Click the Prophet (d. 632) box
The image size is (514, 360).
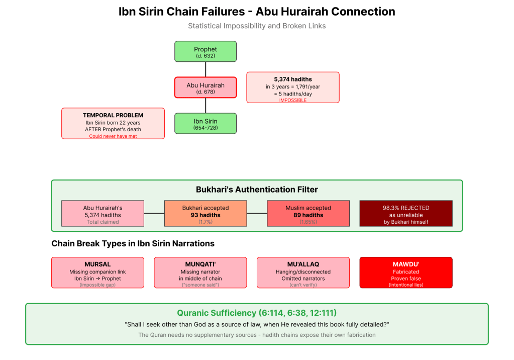[205, 52]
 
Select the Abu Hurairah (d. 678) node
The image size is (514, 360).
[205, 87]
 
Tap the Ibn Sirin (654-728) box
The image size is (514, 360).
[205, 123]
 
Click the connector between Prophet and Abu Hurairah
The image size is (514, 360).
[205, 69]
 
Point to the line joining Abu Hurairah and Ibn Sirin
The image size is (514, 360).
[205, 105]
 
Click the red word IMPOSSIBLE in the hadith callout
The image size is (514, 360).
[292, 101]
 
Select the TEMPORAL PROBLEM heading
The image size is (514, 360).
[113, 115]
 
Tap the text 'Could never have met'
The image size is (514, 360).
[113, 136]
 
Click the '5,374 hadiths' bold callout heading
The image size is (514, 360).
[292, 79]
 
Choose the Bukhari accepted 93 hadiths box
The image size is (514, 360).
[205, 213]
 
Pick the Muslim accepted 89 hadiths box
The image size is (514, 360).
[308, 213]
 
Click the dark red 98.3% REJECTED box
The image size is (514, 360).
[405, 213]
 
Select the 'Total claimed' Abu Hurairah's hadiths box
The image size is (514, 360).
[102, 213]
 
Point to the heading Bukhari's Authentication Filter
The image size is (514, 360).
[256, 190]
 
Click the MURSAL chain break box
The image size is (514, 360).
[97, 273]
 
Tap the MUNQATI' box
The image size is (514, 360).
[200, 273]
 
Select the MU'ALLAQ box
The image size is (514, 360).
[303, 273]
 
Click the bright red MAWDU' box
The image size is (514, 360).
[405, 273]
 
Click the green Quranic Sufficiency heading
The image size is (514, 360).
[256, 313]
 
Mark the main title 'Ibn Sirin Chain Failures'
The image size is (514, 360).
[256, 12]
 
